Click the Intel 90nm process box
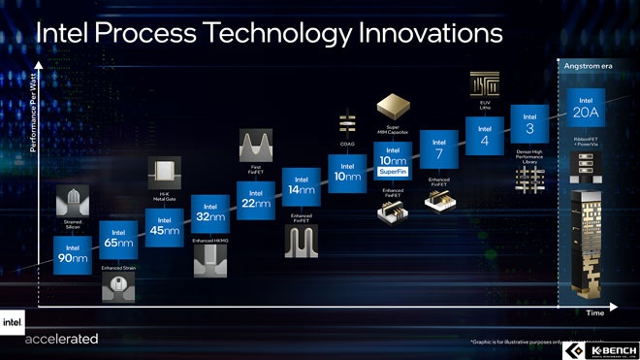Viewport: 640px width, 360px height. [74, 254]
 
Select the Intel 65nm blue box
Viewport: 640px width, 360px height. [118, 240]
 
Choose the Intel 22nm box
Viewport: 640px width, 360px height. [255, 197]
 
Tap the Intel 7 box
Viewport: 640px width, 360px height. [437, 147]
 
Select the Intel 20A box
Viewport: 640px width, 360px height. [586, 107]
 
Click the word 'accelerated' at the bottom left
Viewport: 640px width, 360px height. [62, 339]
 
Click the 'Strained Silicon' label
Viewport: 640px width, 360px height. [74, 226]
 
